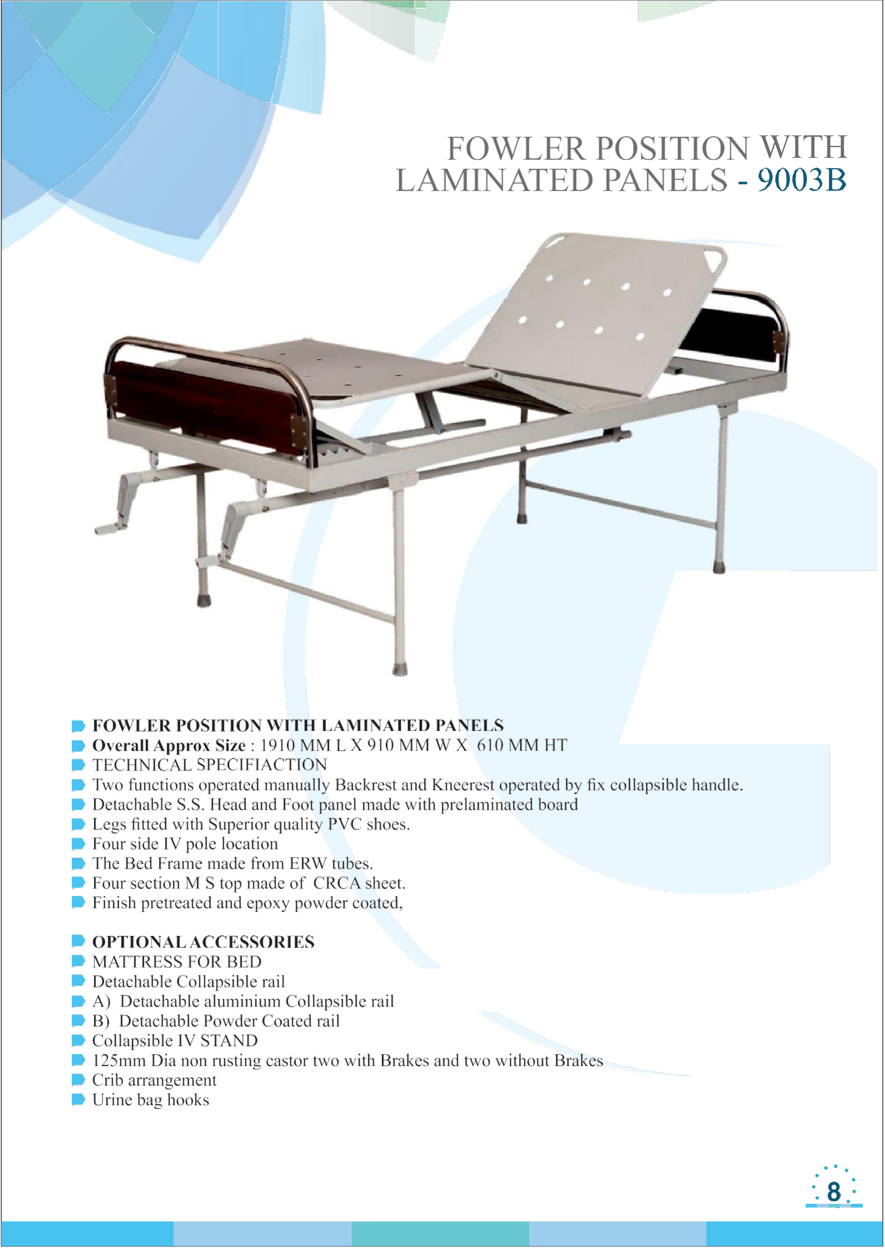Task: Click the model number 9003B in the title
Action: pos(802,180)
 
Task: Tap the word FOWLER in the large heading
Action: pos(516,148)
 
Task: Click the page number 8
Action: pos(834,1191)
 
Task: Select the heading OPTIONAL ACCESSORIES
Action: pos(203,942)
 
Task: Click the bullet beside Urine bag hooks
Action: pos(79,1100)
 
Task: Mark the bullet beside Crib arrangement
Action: pos(79,1080)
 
